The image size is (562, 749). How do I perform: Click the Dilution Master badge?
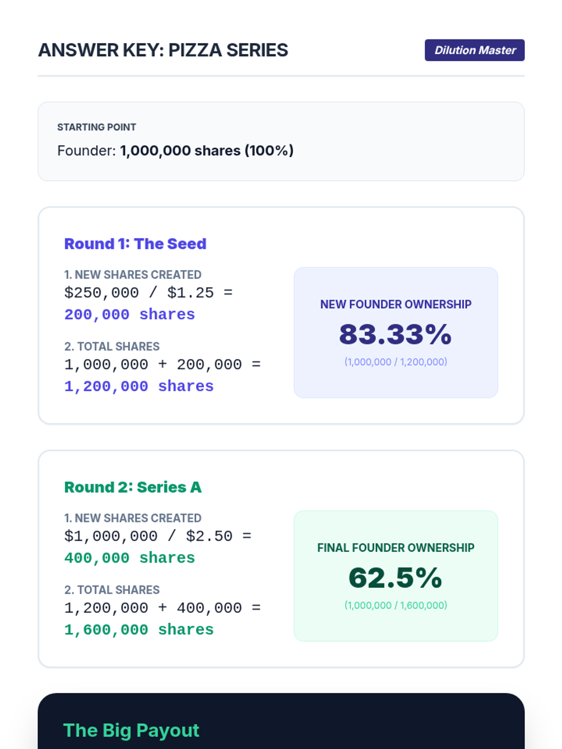pyautogui.click(x=474, y=50)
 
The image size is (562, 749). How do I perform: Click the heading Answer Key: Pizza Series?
pyautogui.click(x=163, y=50)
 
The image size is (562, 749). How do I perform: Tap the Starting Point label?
pyautogui.click(x=96, y=127)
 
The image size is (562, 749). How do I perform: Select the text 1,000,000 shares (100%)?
pyautogui.click(x=207, y=151)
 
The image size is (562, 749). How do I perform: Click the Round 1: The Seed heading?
pyautogui.click(x=135, y=244)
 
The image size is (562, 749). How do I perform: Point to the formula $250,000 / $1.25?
pyautogui.click(x=148, y=293)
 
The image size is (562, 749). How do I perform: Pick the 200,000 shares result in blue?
pyautogui.click(x=129, y=315)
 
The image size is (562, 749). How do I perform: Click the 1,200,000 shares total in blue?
pyautogui.click(x=139, y=387)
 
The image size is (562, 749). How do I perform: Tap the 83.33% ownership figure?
pyautogui.click(x=395, y=334)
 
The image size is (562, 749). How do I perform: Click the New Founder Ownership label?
pyautogui.click(x=396, y=304)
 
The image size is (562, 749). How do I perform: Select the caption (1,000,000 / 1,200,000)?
pyautogui.click(x=396, y=362)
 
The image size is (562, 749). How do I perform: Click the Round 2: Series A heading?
pyautogui.click(x=133, y=487)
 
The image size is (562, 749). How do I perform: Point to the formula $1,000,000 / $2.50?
pyautogui.click(x=157, y=536)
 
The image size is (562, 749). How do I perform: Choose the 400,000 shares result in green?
pyautogui.click(x=129, y=558)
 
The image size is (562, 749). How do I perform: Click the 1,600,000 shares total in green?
pyautogui.click(x=139, y=630)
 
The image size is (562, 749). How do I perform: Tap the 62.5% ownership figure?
pyautogui.click(x=395, y=578)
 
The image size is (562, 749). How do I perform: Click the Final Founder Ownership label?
pyautogui.click(x=396, y=548)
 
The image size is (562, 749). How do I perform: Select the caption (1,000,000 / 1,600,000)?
pyautogui.click(x=396, y=605)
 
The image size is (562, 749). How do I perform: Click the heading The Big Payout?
pyautogui.click(x=131, y=730)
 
